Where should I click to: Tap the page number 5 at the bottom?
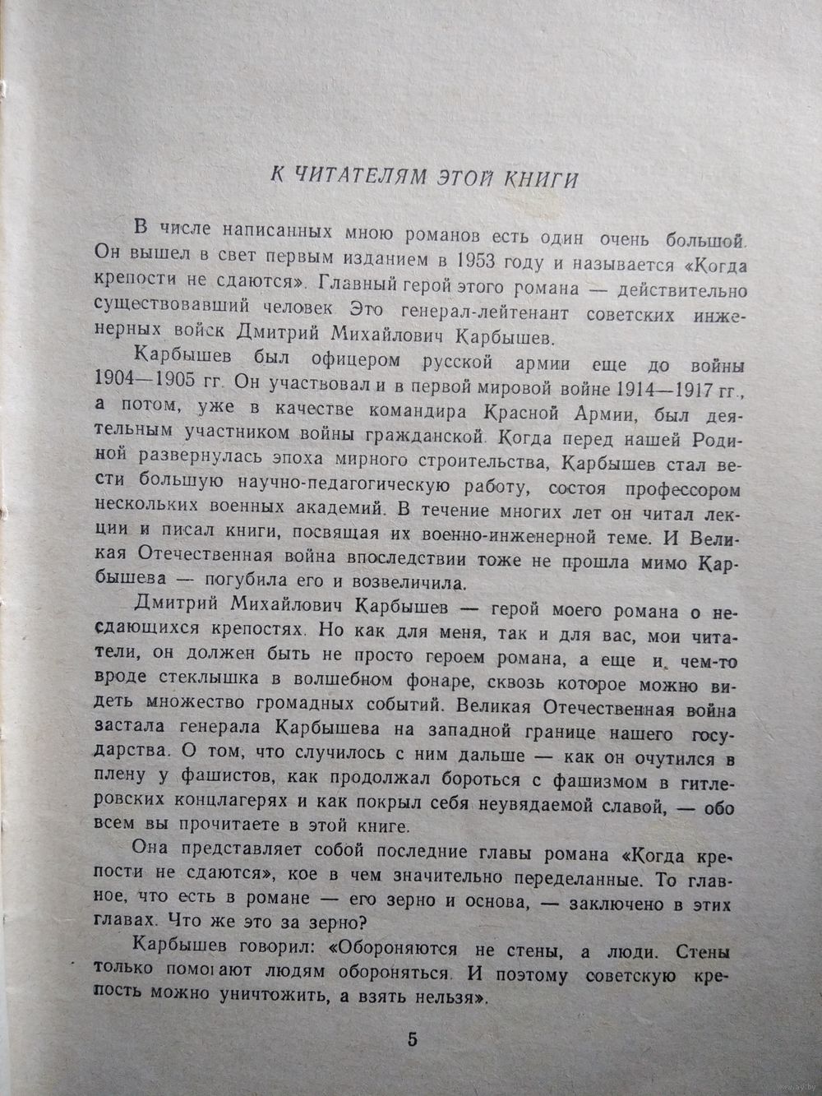pos(412,1038)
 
